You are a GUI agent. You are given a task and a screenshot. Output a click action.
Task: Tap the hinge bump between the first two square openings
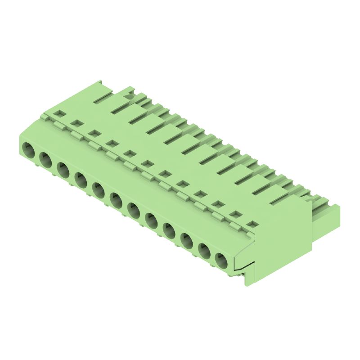(x=59, y=124)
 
